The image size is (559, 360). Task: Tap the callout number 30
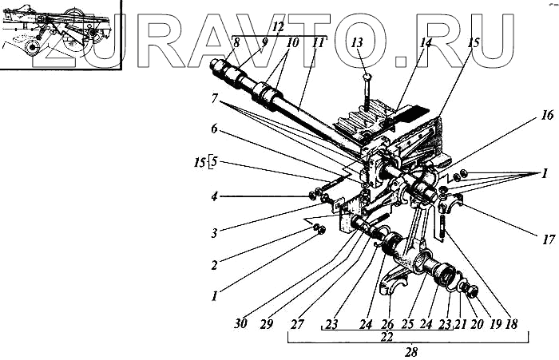pyautogui.click(x=242, y=326)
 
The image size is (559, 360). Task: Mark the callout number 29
pyautogui.click(x=269, y=326)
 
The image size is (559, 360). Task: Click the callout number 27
pyautogui.click(x=298, y=326)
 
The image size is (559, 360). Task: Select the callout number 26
pyautogui.click(x=389, y=325)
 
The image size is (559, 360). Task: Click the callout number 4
pyautogui.click(x=214, y=196)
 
